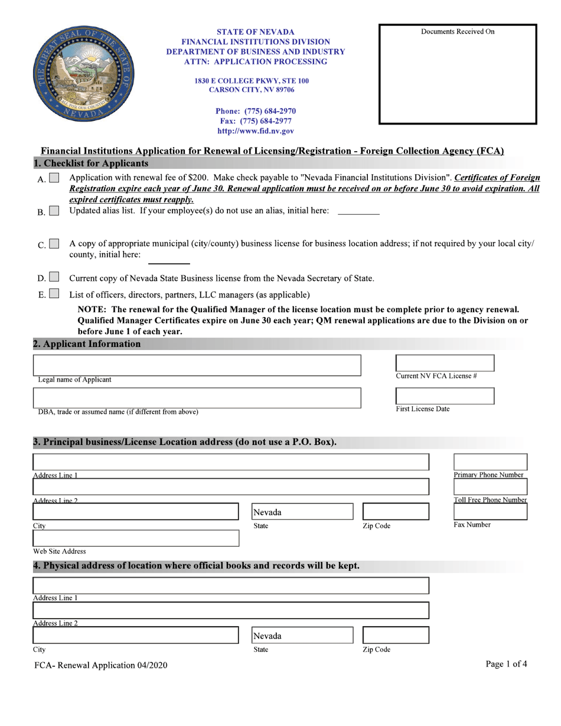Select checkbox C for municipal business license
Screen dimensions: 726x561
coord(54,244)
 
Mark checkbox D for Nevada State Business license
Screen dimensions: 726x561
coord(54,277)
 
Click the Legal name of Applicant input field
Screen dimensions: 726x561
coord(197,365)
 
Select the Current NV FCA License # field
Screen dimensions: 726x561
coord(444,363)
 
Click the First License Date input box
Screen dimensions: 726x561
coord(444,395)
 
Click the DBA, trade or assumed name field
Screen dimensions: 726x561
coord(197,397)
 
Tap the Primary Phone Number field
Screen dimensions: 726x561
coord(490,462)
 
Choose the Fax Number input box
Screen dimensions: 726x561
coord(490,511)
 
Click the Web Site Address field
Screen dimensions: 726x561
coord(136,538)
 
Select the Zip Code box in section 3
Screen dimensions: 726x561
coord(395,511)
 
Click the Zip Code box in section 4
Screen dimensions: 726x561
coord(395,635)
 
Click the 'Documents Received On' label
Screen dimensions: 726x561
coord(458,32)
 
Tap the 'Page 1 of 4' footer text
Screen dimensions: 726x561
coord(506,664)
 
